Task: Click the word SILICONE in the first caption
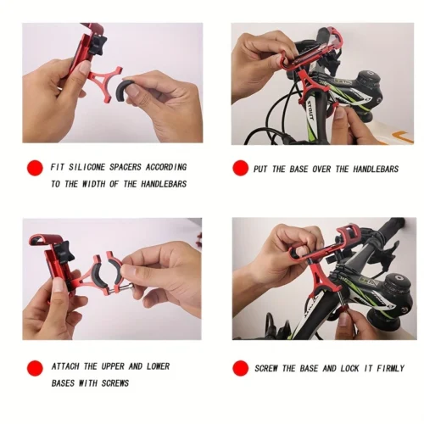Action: coord(88,167)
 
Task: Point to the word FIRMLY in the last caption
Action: coord(386,369)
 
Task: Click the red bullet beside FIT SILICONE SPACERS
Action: coord(35,168)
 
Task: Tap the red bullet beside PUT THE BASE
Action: coord(240,169)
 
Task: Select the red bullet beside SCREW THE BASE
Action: coord(241,369)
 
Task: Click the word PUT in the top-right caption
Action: coord(260,170)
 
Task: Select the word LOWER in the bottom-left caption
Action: coord(155,366)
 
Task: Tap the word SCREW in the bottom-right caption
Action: coord(269,369)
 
